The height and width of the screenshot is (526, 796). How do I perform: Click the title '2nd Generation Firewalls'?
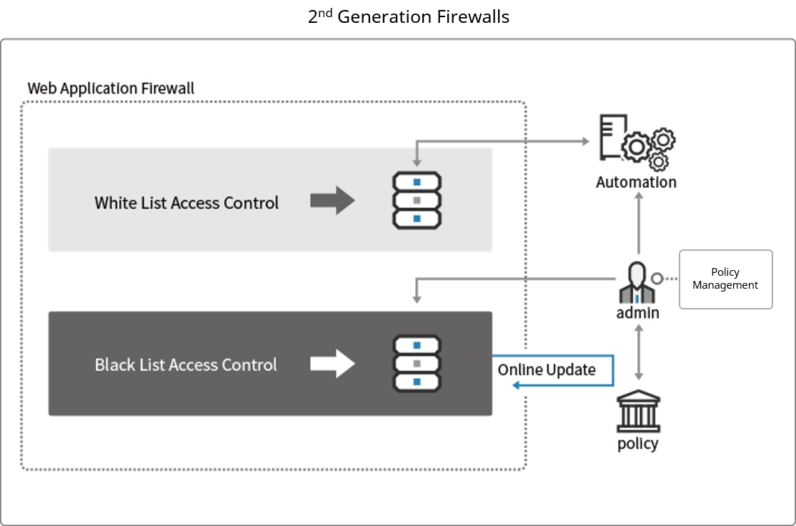click(x=409, y=17)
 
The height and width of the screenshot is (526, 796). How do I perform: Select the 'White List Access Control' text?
click(x=186, y=203)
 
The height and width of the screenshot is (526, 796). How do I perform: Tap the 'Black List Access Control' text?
click(x=186, y=365)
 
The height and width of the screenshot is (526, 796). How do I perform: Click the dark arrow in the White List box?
click(x=332, y=201)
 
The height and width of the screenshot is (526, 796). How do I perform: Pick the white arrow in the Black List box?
click(x=332, y=364)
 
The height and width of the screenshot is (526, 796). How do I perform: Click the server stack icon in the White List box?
click(x=417, y=200)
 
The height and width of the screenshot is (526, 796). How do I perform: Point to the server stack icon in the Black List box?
click(x=417, y=364)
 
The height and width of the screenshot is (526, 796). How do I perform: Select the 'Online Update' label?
click(x=547, y=370)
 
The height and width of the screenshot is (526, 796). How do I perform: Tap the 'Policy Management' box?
click(x=725, y=279)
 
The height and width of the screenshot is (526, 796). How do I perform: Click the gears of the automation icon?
click(x=649, y=148)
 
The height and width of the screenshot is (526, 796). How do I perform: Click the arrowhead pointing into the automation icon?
click(x=585, y=142)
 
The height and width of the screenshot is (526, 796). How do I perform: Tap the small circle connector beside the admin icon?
click(x=655, y=279)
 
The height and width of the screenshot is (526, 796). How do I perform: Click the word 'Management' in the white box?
click(x=725, y=285)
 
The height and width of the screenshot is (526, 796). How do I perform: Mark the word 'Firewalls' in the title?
click(x=474, y=17)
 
